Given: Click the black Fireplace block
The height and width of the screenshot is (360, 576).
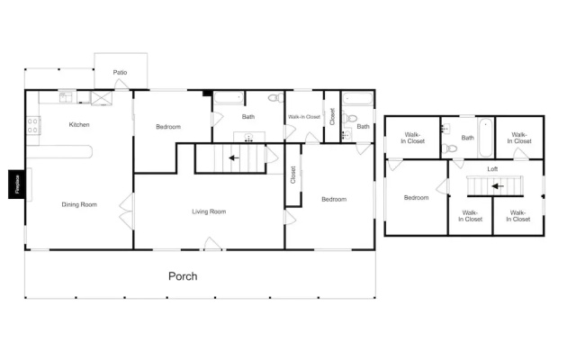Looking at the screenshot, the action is (x=17, y=184).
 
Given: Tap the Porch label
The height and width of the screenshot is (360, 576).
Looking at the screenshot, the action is (x=183, y=276).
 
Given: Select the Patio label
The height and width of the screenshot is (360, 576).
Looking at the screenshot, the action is (x=120, y=72).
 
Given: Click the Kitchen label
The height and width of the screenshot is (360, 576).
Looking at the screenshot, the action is (x=79, y=124).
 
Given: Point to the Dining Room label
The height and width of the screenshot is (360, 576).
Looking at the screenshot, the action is (x=79, y=204).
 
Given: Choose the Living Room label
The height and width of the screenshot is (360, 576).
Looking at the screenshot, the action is (x=209, y=211).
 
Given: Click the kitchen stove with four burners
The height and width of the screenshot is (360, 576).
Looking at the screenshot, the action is (x=33, y=125).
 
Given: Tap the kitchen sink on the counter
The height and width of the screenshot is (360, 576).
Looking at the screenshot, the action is (x=67, y=97).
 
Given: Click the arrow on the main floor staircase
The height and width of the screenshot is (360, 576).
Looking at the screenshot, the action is (x=234, y=158).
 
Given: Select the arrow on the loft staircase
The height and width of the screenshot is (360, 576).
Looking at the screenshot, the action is (x=498, y=186).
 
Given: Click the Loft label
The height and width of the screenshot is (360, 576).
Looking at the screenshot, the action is (x=492, y=169).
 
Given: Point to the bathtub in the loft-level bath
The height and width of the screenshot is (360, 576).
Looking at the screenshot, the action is (x=486, y=138).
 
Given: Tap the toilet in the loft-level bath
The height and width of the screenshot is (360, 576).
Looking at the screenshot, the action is (x=450, y=148).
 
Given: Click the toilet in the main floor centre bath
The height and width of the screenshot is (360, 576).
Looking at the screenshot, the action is (x=276, y=98).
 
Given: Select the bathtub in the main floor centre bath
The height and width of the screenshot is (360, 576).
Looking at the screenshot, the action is (x=229, y=98).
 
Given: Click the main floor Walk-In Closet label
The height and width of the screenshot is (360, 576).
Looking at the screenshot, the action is (x=304, y=117).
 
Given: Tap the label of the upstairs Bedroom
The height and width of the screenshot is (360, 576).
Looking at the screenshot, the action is (x=416, y=198).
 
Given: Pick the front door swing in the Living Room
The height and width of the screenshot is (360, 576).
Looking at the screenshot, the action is (x=212, y=244).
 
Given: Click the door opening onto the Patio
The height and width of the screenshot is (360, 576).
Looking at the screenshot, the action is (x=121, y=84).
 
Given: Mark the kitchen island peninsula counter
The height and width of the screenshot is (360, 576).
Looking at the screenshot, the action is (x=59, y=152).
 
